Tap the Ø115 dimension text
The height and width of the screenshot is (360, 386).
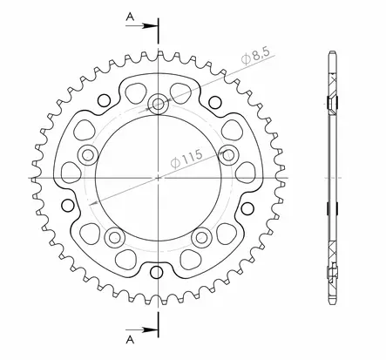[x=186, y=160]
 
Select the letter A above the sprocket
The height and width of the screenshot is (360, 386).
[x=131, y=17]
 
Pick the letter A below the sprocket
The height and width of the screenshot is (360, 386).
[x=131, y=339]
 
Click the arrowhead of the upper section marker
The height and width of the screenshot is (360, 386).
[x=149, y=26]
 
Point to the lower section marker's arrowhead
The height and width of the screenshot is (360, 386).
[x=149, y=329]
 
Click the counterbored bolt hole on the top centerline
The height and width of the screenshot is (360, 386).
[x=158, y=104]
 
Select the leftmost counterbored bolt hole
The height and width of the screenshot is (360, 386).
[x=88, y=154]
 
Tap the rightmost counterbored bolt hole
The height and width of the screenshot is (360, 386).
[x=228, y=154]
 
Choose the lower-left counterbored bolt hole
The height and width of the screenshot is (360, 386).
[x=114, y=237]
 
